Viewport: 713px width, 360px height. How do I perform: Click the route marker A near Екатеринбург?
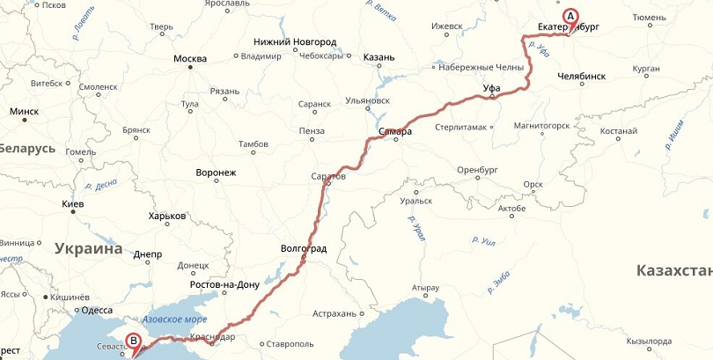pyautogui.click(x=570, y=16)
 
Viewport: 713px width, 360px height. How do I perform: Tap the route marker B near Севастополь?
pyautogui.click(x=133, y=341)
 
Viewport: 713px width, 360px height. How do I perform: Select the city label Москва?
pyautogui.click(x=190, y=59)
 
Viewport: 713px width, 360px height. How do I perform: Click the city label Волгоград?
pyautogui.click(x=303, y=249)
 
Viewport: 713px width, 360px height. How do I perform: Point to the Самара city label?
pyautogui.click(x=395, y=132)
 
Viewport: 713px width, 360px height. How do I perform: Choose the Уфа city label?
pyautogui.click(x=493, y=88)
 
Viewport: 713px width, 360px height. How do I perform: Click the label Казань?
pyautogui.click(x=379, y=57)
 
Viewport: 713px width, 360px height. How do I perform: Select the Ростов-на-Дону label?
pyautogui.click(x=224, y=285)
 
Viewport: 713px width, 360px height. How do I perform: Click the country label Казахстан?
pyautogui.click(x=673, y=270)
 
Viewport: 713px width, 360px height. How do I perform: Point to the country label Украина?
pyautogui.click(x=88, y=249)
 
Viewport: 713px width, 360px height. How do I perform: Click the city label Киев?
pyautogui.click(x=72, y=204)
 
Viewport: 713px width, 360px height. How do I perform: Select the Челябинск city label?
pyautogui.click(x=582, y=77)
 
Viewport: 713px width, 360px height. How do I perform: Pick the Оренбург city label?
pyautogui.click(x=478, y=169)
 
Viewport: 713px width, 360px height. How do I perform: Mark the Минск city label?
pyautogui.click(x=24, y=112)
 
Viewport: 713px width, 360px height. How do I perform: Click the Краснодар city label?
pyautogui.click(x=212, y=337)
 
